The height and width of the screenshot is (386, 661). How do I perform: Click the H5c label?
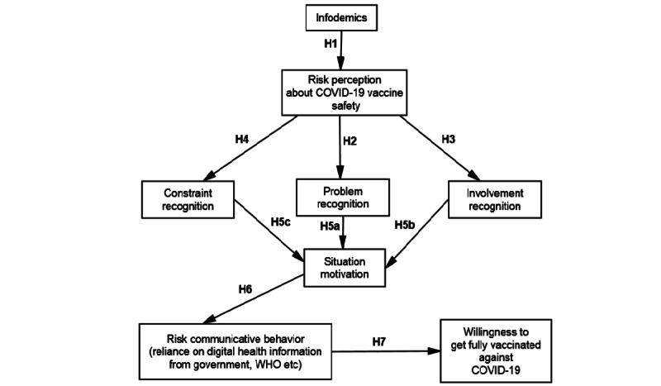click(281, 223)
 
